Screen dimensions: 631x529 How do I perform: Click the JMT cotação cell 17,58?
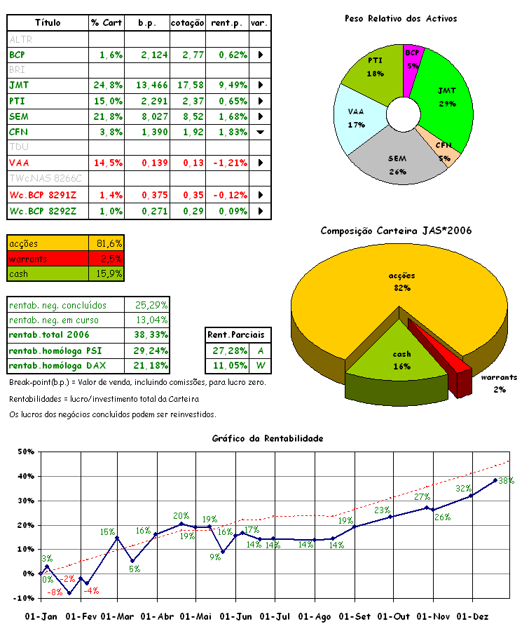click(188, 85)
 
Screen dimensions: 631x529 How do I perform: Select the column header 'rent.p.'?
click(226, 23)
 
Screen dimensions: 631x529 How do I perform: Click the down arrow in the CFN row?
click(260, 132)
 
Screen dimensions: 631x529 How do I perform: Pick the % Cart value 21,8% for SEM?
click(107, 116)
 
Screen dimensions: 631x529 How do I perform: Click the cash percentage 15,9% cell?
click(107, 274)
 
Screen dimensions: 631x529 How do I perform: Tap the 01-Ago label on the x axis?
click(315, 617)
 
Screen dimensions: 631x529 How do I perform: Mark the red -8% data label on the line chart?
click(55, 592)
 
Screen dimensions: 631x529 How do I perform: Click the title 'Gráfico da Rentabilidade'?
click(268, 438)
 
